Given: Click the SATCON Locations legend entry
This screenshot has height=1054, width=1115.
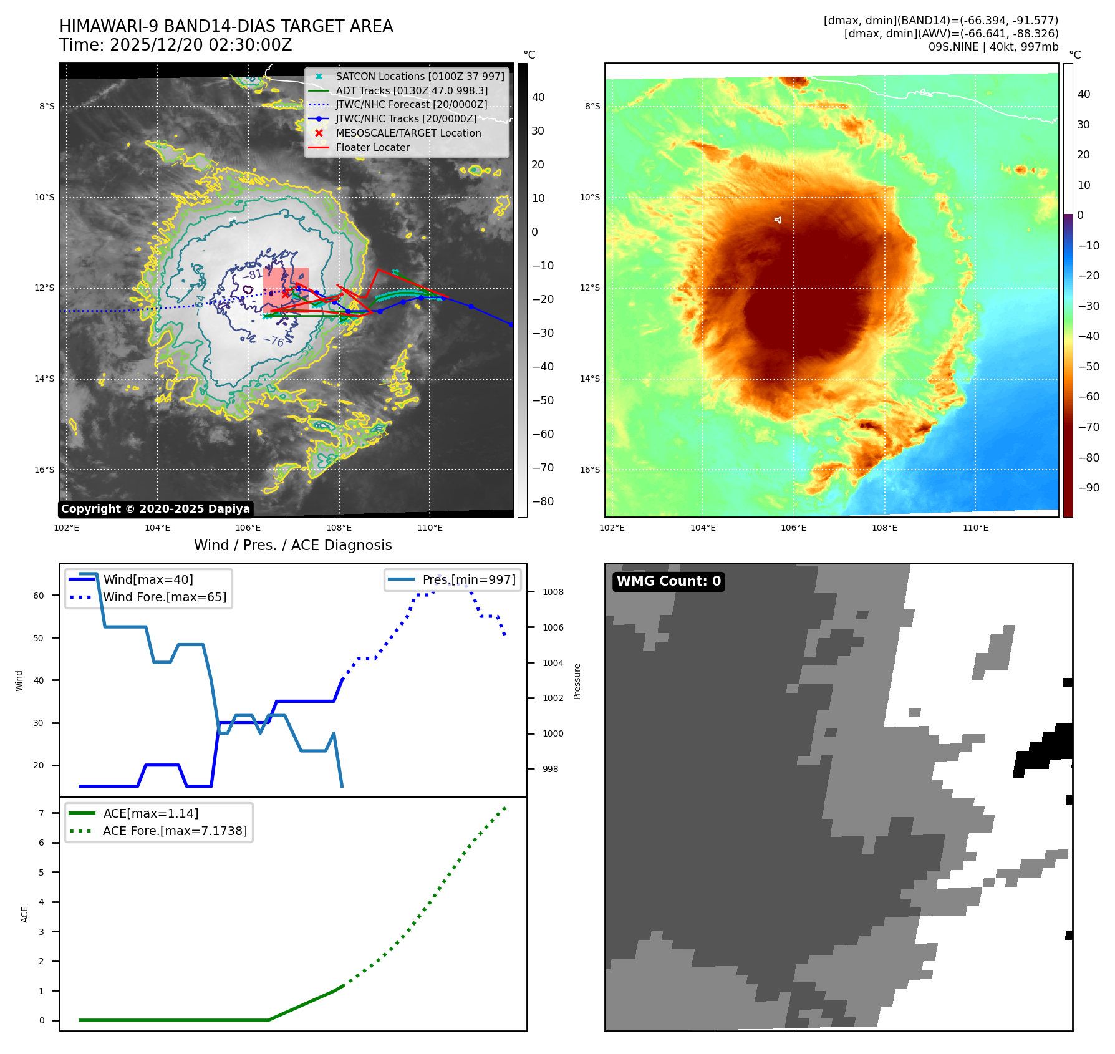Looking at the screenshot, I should pyautogui.click(x=420, y=76).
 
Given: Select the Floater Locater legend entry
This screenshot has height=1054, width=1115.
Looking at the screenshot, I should pyautogui.click(x=372, y=147).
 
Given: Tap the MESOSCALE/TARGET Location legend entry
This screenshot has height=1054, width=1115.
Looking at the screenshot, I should pyautogui.click(x=408, y=133).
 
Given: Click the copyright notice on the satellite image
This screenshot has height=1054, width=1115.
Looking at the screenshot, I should pyautogui.click(x=155, y=509).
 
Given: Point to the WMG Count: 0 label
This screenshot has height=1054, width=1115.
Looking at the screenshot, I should pyautogui.click(x=669, y=581).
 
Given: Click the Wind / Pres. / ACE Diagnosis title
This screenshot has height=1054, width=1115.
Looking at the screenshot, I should pyautogui.click(x=292, y=545).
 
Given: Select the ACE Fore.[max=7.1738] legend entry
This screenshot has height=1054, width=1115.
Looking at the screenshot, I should pyautogui.click(x=175, y=831).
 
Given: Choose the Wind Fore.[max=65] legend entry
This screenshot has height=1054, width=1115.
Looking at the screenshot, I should pyautogui.click(x=165, y=597).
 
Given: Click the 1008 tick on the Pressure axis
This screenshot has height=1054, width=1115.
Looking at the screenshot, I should pyautogui.click(x=553, y=592).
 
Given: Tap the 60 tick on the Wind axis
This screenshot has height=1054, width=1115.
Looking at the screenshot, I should pyautogui.click(x=39, y=596).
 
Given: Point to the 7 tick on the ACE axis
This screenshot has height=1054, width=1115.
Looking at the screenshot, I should pyautogui.click(x=42, y=813).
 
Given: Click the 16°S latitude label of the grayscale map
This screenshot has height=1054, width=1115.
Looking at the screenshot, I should pyautogui.click(x=44, y=470).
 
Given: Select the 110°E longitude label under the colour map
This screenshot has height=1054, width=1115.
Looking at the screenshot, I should pyautogui.click(x=975, y=528).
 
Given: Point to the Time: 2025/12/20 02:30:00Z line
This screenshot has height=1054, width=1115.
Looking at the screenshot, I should pyautogui.click(x=175, y=45).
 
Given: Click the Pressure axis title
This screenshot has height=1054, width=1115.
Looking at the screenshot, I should pyautogui.click(x=577, y=681).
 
